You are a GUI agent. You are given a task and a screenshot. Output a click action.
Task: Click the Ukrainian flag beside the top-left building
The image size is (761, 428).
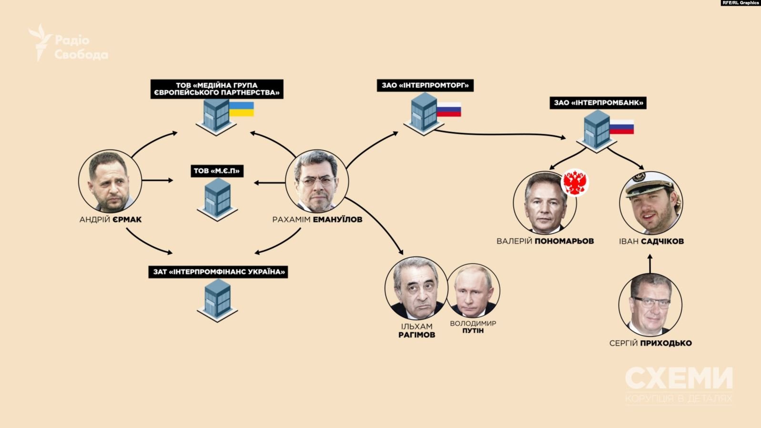click(x=242, y=109)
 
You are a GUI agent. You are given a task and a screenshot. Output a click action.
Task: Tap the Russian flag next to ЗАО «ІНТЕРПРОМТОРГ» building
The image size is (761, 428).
click(x=449, y=110)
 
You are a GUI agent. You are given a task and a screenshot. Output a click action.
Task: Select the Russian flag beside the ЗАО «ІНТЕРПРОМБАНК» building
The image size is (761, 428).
click(x=622, y=127)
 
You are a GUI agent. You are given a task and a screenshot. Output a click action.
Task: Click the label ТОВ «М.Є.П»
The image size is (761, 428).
click(x=217, y=171)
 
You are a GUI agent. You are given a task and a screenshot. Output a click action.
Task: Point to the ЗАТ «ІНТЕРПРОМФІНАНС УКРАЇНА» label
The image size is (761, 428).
click(x=219, y=272)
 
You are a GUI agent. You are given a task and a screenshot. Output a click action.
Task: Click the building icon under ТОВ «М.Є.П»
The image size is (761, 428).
click(x=217, y=199)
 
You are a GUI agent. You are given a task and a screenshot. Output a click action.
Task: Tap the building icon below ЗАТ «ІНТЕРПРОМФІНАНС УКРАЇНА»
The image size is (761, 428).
click(x=217, y=300)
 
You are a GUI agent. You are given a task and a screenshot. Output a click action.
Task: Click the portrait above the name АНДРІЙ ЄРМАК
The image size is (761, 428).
click(x=110, y=181)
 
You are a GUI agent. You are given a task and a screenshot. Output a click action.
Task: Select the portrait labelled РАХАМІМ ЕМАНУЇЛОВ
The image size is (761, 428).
click(x=317, y=181)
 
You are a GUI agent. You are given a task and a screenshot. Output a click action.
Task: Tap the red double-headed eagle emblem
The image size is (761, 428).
click(x=574, y=183)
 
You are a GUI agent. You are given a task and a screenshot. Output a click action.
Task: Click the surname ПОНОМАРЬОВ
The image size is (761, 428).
click(x=564, y=241)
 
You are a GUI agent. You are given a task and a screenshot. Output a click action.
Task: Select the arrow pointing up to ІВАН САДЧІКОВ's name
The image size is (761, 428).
click(x=650, y=264)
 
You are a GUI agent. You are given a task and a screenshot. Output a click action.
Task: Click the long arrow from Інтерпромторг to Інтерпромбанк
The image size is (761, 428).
click(x=500, y=134)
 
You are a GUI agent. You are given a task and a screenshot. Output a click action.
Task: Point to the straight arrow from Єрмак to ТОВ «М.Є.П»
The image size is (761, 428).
click(x=157, y=181)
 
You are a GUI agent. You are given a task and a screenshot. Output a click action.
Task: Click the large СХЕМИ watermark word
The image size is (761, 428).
click(x=679, y=379)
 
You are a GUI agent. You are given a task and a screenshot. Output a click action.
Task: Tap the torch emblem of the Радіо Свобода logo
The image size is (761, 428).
click(x=40, y=42)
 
